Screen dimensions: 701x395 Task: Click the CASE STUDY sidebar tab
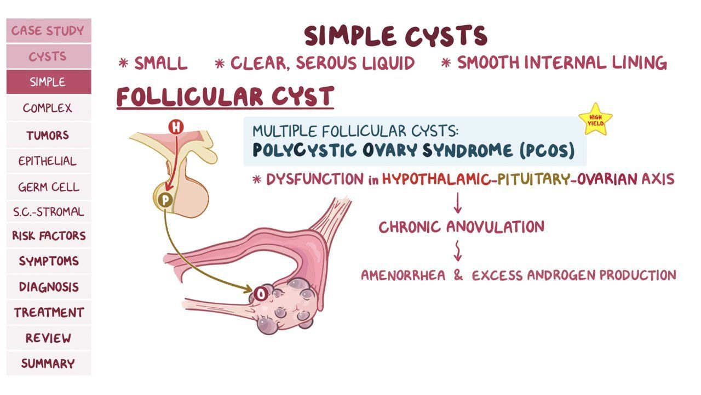(x=49, y=30)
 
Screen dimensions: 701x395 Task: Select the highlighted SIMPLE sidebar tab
(x=49, y=82)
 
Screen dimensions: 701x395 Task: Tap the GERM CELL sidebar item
(x=49, y=187)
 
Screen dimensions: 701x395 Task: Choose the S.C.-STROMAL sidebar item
(x=49, y=212)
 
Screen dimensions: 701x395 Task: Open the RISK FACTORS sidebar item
(x=49, y=235)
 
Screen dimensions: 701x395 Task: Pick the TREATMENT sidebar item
(x=49, y=312)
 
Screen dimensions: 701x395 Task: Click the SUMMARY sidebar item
(x=49, y=363)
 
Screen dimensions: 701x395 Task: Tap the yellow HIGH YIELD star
(x=595, y=120)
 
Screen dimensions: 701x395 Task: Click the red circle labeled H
(x=176, y=127)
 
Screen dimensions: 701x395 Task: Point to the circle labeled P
(x=165, y=200)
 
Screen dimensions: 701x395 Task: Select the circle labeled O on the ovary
(x=260, y=294)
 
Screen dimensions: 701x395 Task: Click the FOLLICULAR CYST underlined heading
(x=225, y=97)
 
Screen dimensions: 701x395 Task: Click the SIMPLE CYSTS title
(x=395, y=36)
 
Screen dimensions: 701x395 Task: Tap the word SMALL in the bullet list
(x=161, y=63)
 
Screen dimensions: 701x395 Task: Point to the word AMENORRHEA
(x=403, y=275)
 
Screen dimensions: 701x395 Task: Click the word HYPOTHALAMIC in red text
(x=436, y=179)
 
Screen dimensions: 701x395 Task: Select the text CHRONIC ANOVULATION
(x=462, y=227)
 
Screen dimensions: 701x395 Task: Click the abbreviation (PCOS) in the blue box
(x=547, y=150)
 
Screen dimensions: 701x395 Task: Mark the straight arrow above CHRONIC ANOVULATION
(x=458, y=203)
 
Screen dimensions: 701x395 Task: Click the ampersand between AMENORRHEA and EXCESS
(x=458, y=275)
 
